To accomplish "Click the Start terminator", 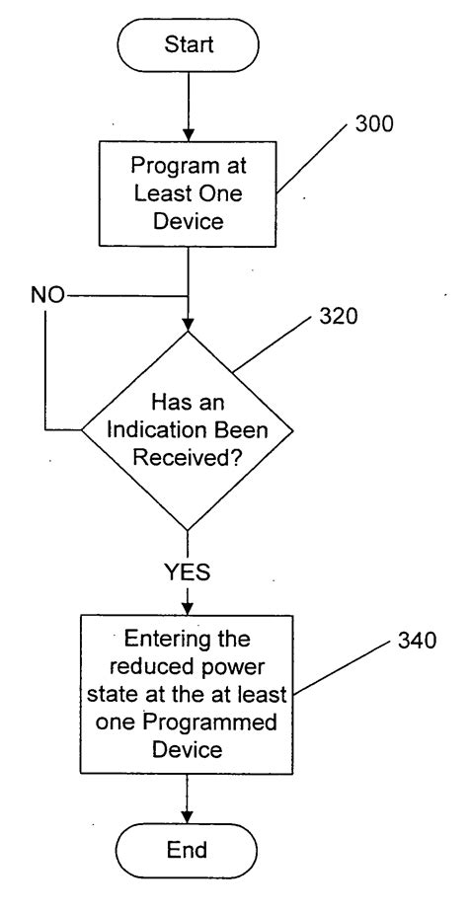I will pos(188,44).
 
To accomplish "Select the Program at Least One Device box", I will pos(188,193).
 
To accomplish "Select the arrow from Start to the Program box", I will pos(188,105).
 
